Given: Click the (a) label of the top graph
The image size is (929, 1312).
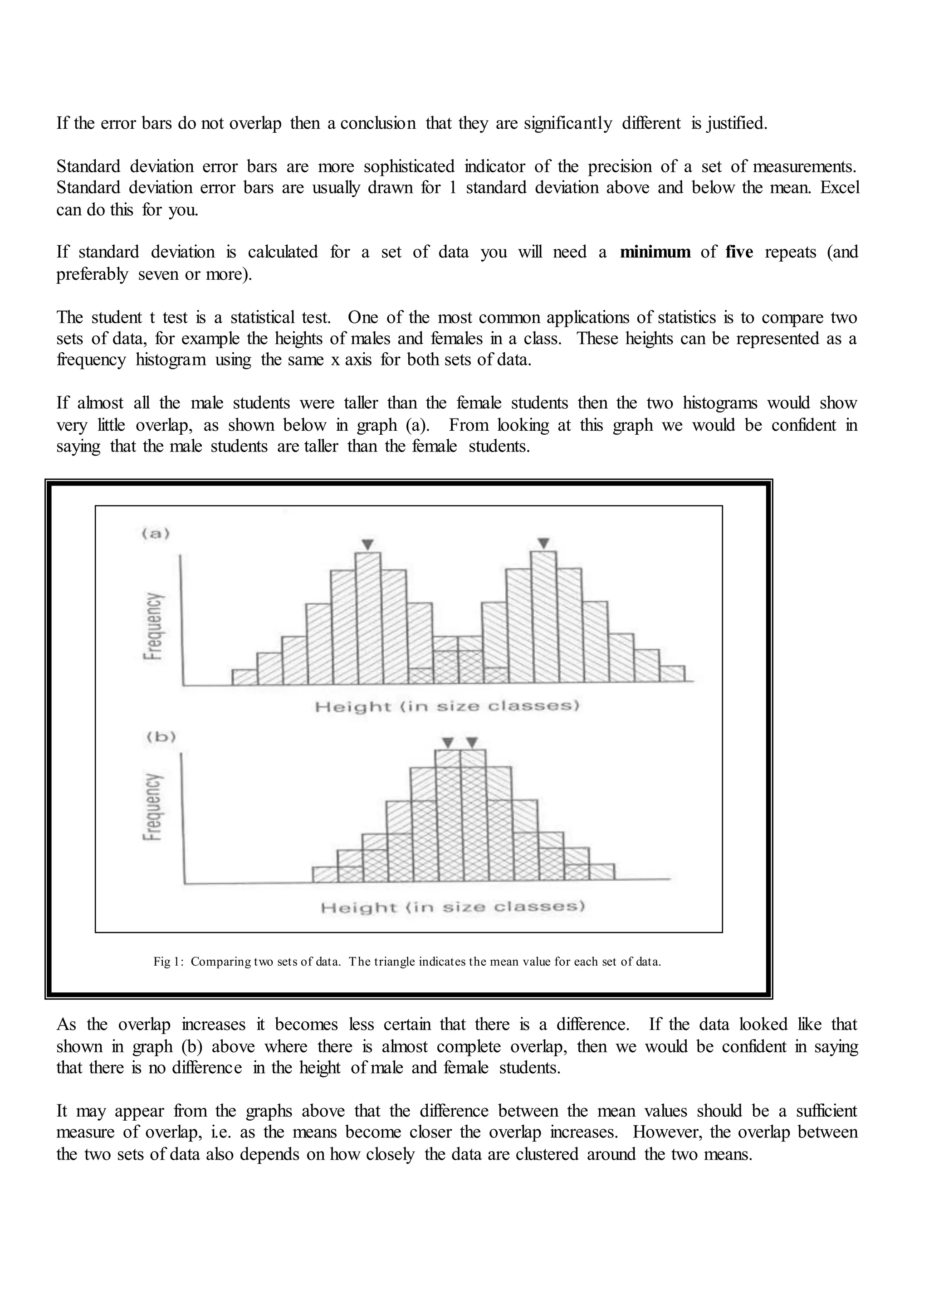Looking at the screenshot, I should click(156, 534).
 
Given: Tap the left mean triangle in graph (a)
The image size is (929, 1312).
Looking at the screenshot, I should click(368, 544).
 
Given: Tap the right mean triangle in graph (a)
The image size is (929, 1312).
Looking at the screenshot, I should click(544, 543).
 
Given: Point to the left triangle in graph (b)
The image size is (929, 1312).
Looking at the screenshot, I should click(449, 743).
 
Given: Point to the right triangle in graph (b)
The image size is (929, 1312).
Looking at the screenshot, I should click(472, 743).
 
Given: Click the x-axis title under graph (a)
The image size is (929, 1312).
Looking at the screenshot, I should click(447, 707).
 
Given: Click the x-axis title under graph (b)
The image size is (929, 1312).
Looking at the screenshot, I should click(453, 907).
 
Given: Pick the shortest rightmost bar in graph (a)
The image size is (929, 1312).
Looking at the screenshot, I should click(672, 675).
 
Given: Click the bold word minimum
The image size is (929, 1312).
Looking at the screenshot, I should click(655, 252).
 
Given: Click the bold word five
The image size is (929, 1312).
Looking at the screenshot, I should click(739, 252).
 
